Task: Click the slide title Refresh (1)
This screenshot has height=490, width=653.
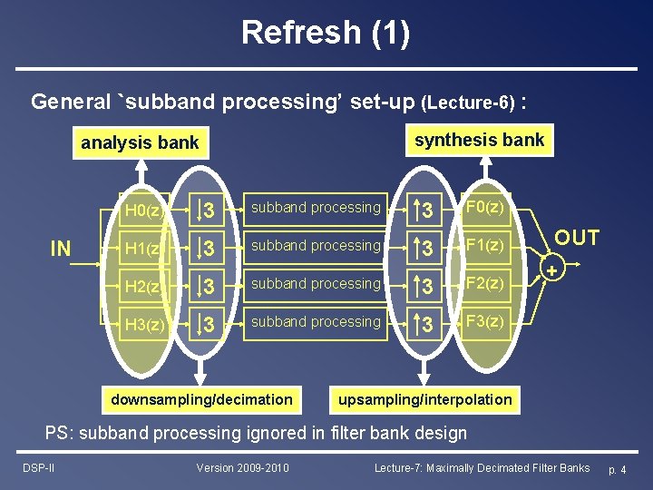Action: click(x=326, y=33)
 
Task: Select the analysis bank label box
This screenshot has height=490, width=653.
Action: click(x=140, y=142)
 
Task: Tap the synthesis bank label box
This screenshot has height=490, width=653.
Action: click(x=479, y=140)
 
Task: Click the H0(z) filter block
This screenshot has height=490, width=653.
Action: click(x=143, y=211)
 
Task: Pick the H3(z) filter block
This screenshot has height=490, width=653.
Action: click(x=143, y=325)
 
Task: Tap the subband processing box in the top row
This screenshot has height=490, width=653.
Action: click(x=316, y=208)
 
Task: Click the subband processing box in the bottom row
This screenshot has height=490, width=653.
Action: click(x=316, y=322)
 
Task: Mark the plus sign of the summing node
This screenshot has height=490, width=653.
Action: click(x=551, y=270)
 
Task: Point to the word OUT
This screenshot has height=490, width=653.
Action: click(x=577, y=239)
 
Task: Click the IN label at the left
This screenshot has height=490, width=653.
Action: click(x=61, y=249)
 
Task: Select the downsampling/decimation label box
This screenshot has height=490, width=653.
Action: click(x=201, y=399)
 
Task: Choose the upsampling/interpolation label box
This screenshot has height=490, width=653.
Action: click(x=424, y=399)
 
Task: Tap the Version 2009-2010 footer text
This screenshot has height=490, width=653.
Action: click(x=243, y=468)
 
